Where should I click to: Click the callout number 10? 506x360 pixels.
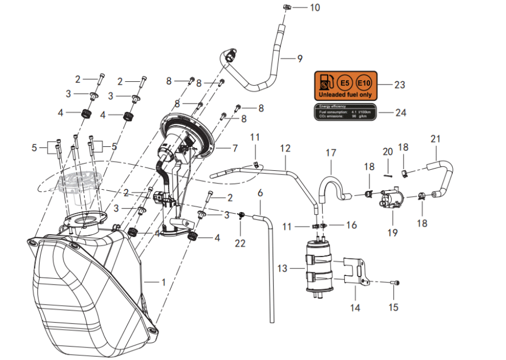pos(315,8)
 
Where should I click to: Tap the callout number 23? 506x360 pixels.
pos(399,85)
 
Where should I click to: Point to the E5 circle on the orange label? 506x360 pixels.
pos(344,83)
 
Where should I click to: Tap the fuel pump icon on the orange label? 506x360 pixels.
pos(325,83)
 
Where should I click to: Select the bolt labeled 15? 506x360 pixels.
pos(395,282)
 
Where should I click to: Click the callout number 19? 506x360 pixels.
pos(392,233)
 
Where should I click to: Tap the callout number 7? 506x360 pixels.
pos(235,147)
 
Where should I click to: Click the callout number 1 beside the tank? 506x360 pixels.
pos(162,282)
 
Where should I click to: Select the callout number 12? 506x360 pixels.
pos(286,148)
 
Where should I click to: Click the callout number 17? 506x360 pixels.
pos(331,153)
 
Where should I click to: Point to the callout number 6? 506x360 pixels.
pos(260,192)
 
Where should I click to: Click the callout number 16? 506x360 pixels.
pos(351,224)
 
